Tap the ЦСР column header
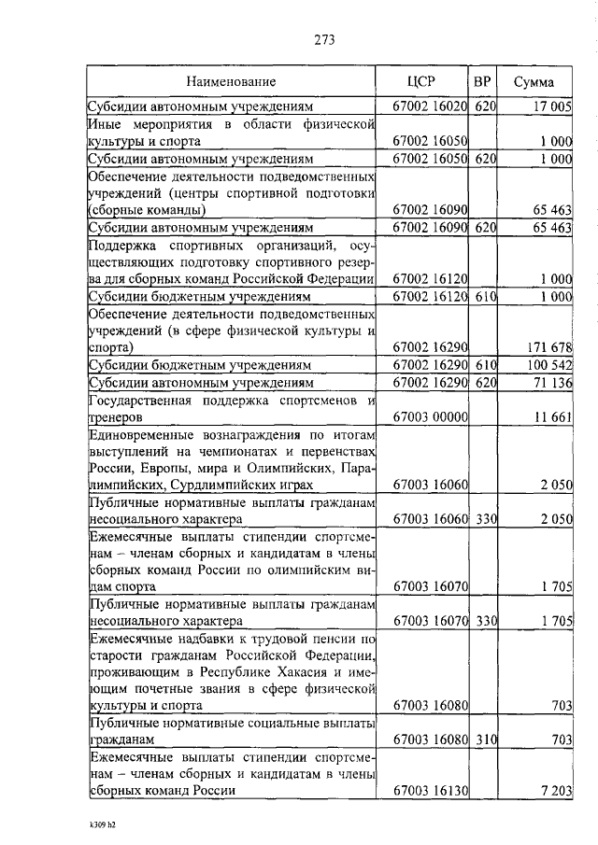(x=422, y=82)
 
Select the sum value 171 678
(x=549, y=347)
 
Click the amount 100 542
(x=548, y=365)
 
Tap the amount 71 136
(x=551, y=382)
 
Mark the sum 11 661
(x=552, y=416)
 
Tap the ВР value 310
(x=483, y=739)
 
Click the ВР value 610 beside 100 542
(x=483, y=365)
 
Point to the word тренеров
(x=115, y=416)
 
